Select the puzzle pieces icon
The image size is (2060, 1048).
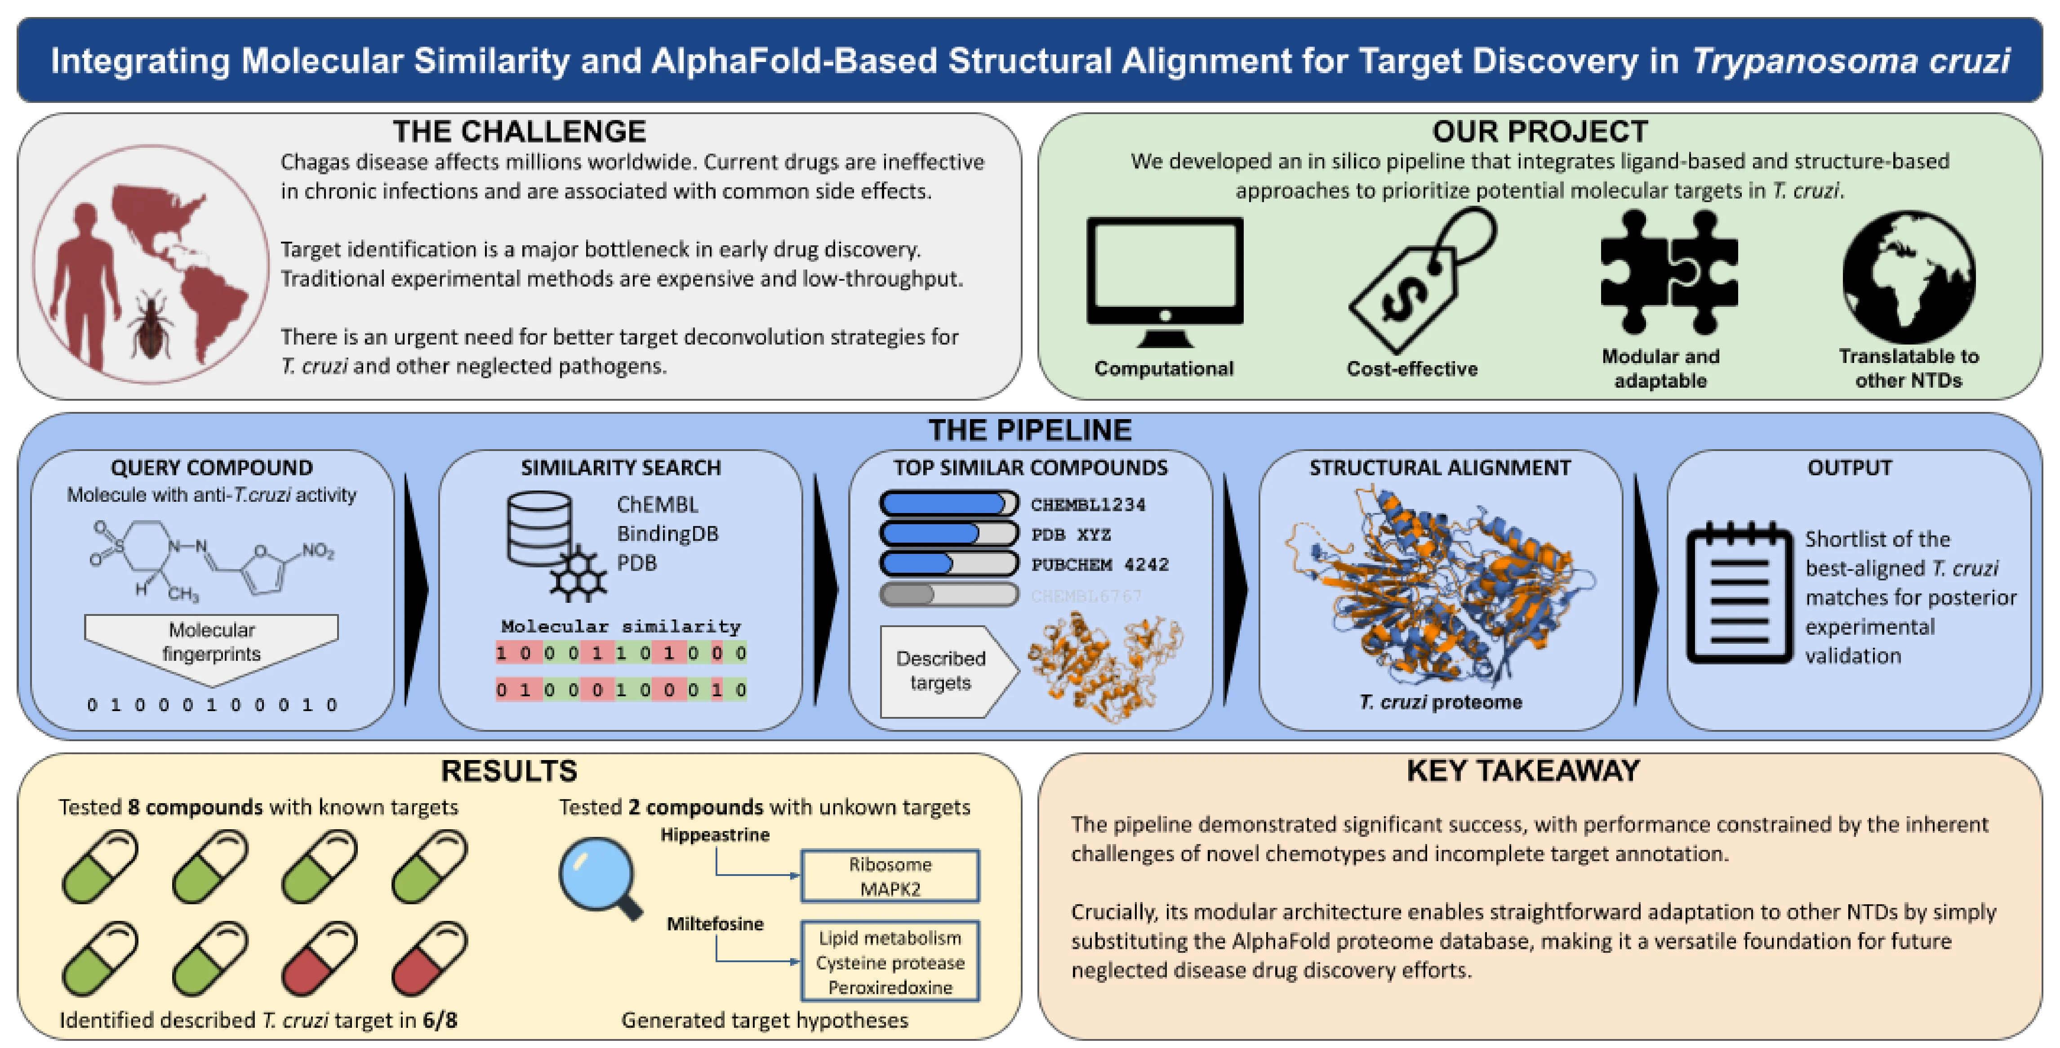(1669, 272)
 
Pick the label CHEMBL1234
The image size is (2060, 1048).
(1088, 504)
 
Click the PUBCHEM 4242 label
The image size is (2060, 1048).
(1099, 564)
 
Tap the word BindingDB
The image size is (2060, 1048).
(667, 533)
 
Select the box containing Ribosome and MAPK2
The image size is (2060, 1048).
(890, 876)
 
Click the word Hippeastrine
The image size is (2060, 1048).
(715, 835)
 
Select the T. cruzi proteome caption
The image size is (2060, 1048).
(1440, 702)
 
